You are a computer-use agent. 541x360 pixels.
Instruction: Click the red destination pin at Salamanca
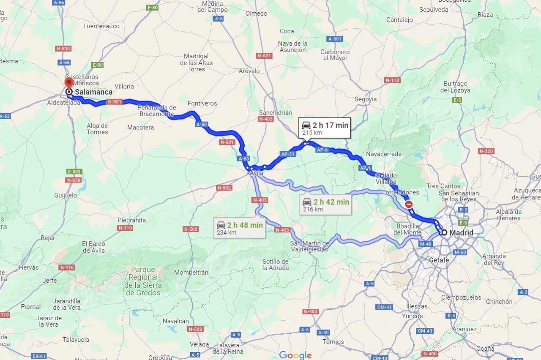[68, 83]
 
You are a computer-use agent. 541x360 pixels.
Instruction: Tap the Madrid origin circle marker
[444, 232]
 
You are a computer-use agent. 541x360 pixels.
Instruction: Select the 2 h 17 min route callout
[324, 128]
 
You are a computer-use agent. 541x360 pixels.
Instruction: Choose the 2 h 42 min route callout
[325, 205]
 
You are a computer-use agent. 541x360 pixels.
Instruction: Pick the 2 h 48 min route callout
[239, 228]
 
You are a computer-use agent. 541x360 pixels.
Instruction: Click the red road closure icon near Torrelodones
[409, 205]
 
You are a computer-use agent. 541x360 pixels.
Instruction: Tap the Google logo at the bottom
[295, 355]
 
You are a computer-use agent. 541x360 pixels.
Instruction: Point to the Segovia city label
[366, 99]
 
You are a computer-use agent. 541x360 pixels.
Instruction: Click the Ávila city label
[256, 173]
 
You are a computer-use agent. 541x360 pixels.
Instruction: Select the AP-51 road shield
[287, 154]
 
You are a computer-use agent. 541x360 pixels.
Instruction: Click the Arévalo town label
[249, 71]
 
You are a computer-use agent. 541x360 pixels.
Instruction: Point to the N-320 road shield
[486, 151]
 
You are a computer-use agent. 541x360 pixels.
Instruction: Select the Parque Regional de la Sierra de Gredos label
[143, 281]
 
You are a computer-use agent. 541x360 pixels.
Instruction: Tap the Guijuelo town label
[66, 195]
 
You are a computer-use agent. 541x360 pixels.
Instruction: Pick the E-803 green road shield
[74, 172]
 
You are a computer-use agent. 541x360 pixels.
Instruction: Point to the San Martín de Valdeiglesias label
[310, 246]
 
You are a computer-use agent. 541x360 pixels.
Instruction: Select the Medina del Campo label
[215, 7]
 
